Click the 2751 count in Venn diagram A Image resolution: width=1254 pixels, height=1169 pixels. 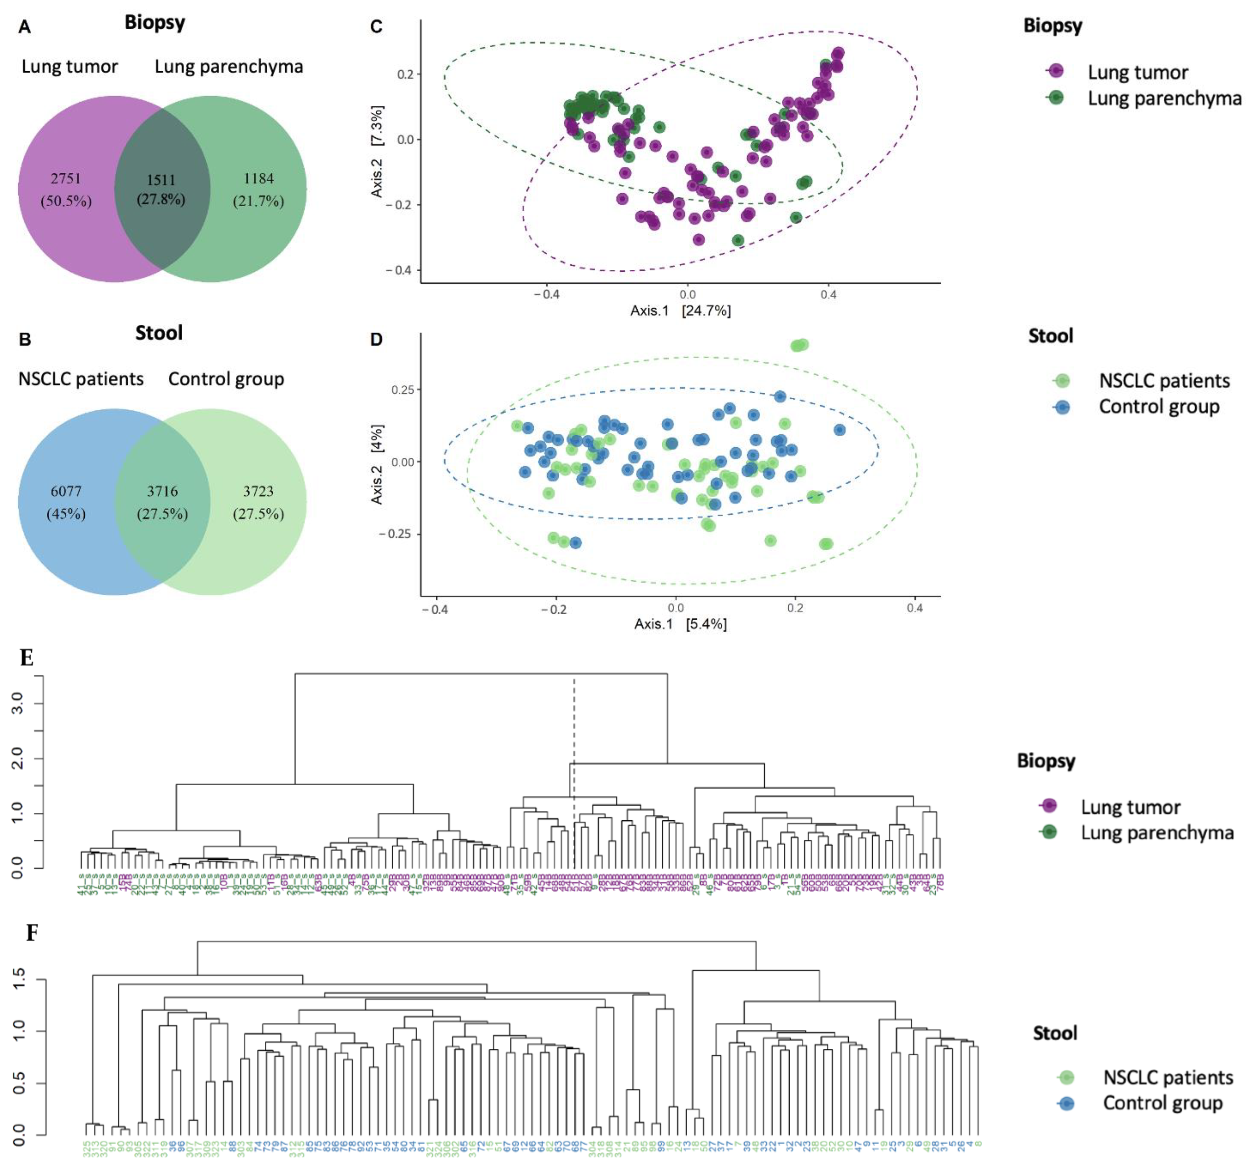tap(66, 178)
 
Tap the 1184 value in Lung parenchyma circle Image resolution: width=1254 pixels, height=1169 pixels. tap(259, 178)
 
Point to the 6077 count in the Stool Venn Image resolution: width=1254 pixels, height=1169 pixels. tap(66, 491)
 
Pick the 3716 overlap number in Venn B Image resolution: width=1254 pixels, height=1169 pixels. tap(162, 491)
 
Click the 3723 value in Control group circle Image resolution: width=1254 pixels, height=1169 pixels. tap(259, 491)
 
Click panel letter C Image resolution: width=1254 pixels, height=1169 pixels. tap(376, 27)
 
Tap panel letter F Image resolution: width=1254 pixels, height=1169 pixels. tap(32, 932)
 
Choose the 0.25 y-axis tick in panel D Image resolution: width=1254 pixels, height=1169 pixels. tap(402, 390)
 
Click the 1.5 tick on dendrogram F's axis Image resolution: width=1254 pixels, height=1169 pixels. tap(19, 979)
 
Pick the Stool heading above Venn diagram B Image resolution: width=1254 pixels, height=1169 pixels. tap(159, 333)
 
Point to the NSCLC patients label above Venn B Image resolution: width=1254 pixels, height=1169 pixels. tap(81, 379)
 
